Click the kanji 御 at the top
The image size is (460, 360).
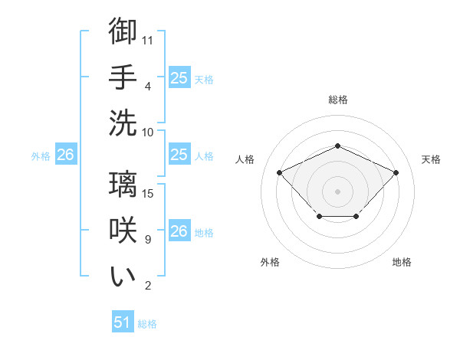pos(123,31)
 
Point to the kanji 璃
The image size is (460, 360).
pos(123,185)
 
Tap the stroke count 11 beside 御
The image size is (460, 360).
pos(148,40)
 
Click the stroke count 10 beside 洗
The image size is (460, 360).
pos(148,131)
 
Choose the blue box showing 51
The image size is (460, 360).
pos(123,322)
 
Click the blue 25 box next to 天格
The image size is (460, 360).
pos(179,77)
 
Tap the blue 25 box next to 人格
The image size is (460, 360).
pos(179,155)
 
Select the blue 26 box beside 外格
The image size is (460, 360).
pos(65,155)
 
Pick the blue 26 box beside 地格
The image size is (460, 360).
pos(179,231)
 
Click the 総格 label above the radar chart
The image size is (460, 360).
pos(337,100)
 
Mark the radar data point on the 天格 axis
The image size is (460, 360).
pos(396,172)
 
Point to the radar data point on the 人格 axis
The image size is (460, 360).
pos(280,172)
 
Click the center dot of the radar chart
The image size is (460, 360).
pos(337,191)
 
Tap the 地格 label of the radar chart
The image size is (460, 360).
pos(402,262)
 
